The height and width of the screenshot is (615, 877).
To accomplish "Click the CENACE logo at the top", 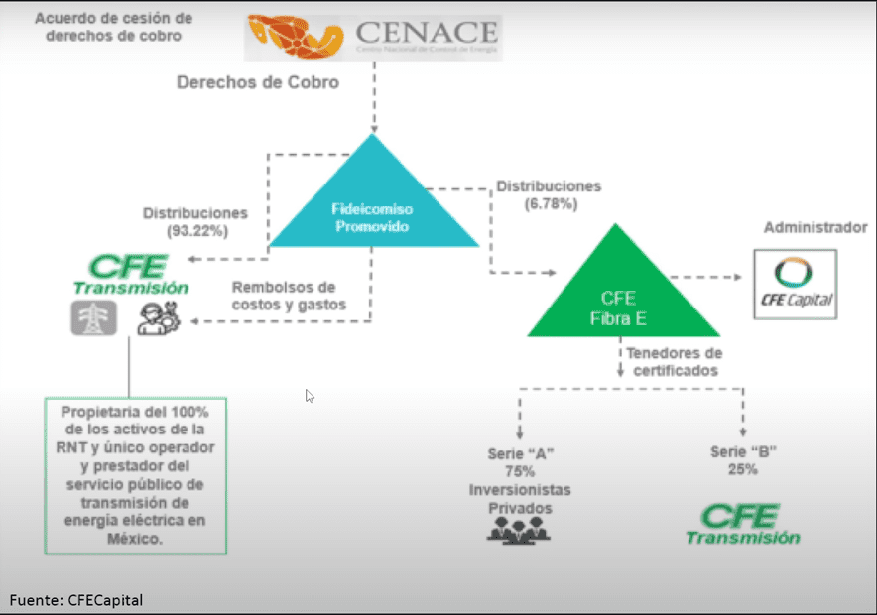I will click(x=374, y=38).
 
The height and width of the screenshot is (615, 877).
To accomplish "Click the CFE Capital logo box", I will click(x=796, y=284).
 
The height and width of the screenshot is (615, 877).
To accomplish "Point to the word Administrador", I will click(x=815, y=228).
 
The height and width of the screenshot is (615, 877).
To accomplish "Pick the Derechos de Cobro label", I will click(x=258, y=82).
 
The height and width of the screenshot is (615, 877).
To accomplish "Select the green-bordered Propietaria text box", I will click(x=135, y=475).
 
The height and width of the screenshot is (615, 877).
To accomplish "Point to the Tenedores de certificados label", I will click(x=673, y=362).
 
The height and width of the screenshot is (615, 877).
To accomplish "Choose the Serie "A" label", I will click(x=520, y=453).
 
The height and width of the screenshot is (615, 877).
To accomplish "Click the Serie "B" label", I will click(x=742, y=452).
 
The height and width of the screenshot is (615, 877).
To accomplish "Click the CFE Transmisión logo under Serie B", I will click(x=742, y=524).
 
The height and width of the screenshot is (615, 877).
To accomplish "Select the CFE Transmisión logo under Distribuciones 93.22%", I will click(x=130, y=274).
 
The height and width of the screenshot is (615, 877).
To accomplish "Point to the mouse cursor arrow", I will click(x=310, y=395).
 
